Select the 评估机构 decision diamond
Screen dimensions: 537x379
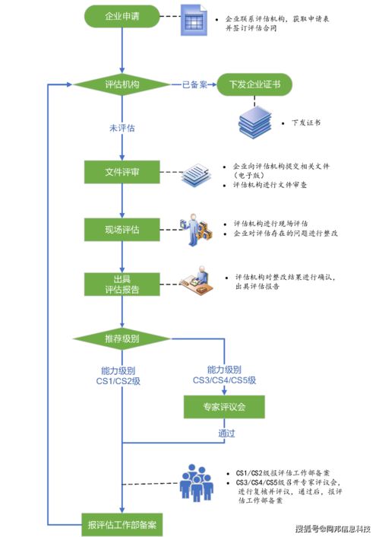pos(122,85)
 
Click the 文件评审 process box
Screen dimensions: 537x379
pos(122,173)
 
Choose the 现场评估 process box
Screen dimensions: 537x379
pos(122,228)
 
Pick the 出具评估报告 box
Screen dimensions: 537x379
pos(122,283)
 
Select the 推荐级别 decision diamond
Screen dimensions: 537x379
pos(122,338)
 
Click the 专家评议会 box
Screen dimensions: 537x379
pos(225,408)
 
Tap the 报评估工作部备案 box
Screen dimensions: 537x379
pos(122,524)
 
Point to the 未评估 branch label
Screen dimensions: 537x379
pos(122,129)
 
